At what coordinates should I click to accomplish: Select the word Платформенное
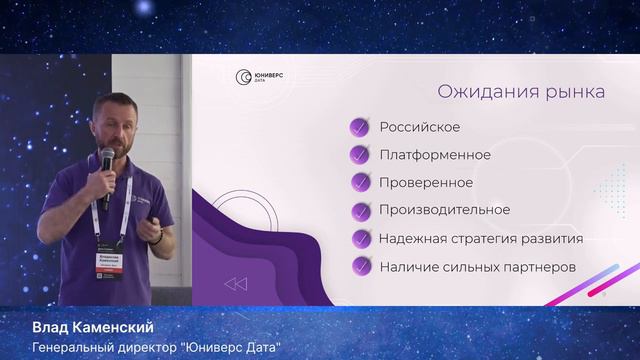tap(434, 155)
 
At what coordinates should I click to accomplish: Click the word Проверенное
tap(426, 183)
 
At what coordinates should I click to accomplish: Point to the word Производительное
tap(444, 210)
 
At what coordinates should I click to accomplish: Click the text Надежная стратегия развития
tap(480, 238)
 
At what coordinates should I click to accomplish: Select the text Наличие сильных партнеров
tap(478, 266)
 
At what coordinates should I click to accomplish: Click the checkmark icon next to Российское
tap(358, 128)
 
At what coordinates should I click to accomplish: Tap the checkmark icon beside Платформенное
tap(358, 155)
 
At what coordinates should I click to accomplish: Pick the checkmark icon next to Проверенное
tap(358, 183)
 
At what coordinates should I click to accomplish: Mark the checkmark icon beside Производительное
tap(358, 211)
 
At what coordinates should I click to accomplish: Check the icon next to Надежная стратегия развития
tap(358, 239)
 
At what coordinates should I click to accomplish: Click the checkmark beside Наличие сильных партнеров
tap(358, 267)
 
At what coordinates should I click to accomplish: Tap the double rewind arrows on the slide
tap(235, 285)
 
